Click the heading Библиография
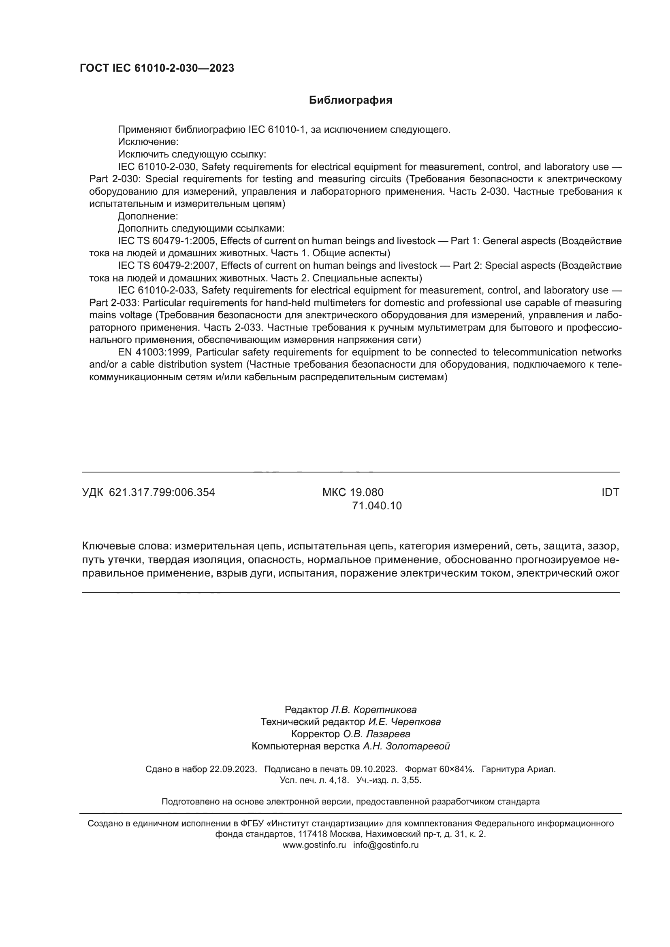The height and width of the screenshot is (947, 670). tap(350, 100)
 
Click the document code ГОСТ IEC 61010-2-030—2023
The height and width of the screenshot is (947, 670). tap(157, 68)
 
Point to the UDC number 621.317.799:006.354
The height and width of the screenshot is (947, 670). tap(162, 492)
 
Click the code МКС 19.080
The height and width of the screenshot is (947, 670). tap(353, 492)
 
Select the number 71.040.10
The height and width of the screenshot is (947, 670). tap(376, 506)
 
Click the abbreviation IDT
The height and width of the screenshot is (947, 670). tap(610, 492)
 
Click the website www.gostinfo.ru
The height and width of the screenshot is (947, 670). tap(314, 845)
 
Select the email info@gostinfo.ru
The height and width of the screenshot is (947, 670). tap(386, 845)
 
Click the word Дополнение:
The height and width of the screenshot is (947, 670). tap(148, 216)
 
